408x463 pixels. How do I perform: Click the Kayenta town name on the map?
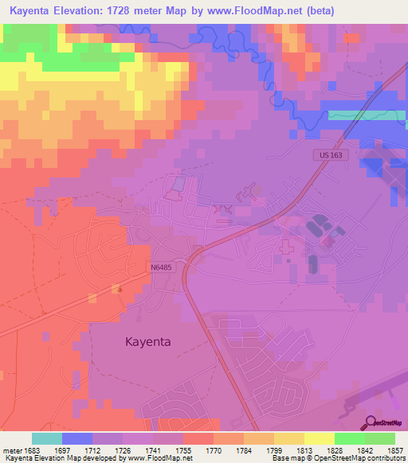[149, 341]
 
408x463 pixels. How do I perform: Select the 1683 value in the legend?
[32, 450]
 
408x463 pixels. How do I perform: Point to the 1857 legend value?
[395, 450]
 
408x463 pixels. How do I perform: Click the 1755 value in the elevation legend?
[183, 450]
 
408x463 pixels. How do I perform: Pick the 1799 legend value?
[274, 450]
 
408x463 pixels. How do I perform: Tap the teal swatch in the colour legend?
[47, 438]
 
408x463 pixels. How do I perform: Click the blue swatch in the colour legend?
[77, 438]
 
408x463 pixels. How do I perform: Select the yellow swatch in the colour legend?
[320, 438]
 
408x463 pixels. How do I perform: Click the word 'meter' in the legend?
[11, 450]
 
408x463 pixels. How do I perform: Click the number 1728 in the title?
[137, 10]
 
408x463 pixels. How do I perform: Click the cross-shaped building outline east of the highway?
[286, 248]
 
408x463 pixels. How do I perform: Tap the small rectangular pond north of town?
[177, 185]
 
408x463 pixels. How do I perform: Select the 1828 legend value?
[335, 450]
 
